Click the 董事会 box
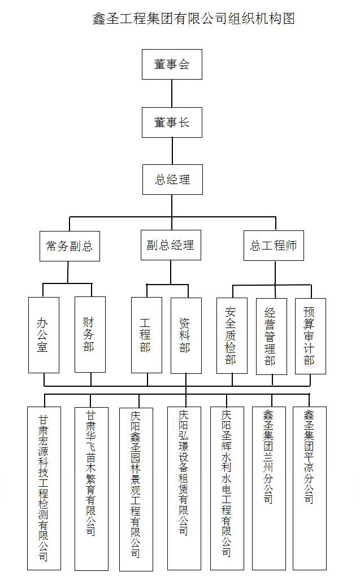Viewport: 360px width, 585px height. coord(172,64)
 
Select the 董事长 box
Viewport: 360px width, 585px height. coord(172,122)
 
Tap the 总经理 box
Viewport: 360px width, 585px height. coord(172,180)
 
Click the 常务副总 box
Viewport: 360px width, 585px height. coord(69,246)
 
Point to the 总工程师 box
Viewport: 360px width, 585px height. coord(274,245)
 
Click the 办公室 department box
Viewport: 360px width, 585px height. coord(44,334)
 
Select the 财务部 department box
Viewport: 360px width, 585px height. coord(90,334)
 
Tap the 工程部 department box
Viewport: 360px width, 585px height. coord(146,335)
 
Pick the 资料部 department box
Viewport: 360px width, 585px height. coord(186,335)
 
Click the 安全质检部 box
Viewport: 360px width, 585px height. coord(232,335)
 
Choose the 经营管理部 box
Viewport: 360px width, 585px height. coord(271,336)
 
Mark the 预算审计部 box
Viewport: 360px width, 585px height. coord(310,335)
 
